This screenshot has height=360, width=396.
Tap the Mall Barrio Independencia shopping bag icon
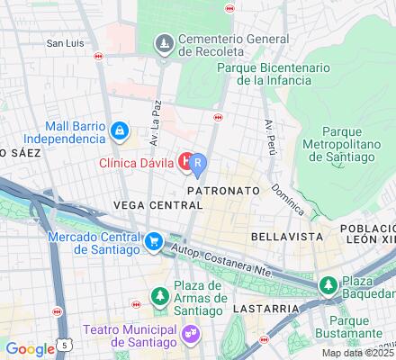point(119,132)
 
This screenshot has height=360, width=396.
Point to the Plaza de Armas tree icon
point(160,295)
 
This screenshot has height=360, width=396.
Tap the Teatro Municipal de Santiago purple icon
point(190,333)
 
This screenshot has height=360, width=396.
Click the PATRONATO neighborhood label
point(223,192)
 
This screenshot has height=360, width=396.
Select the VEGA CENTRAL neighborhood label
point(157,205)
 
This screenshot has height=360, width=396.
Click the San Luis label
point(66,42)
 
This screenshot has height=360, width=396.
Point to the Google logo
point(30,349)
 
